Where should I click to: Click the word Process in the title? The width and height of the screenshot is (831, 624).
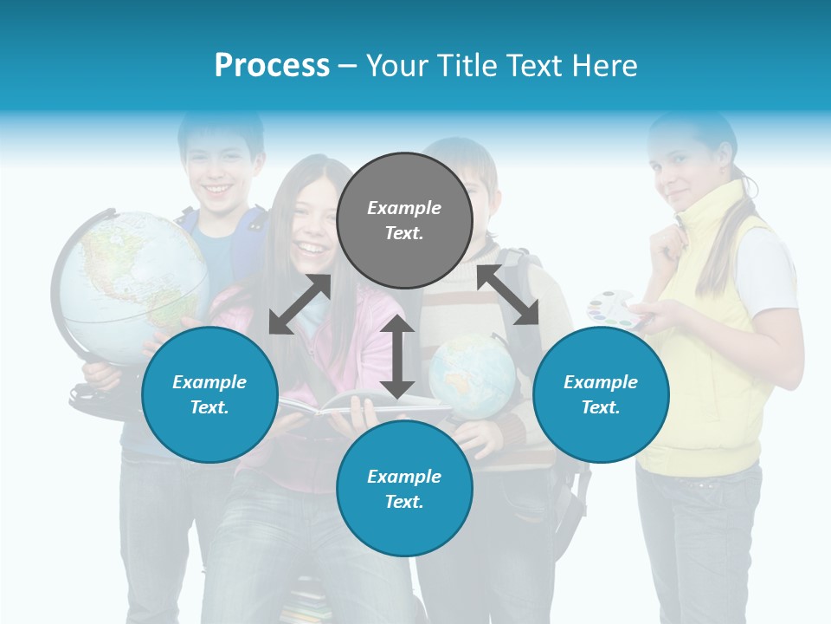click(272, 66)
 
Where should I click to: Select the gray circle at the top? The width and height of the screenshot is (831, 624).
click(404, 220)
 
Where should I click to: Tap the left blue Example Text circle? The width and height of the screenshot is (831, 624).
click(209, 394)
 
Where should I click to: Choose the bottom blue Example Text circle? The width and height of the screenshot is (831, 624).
click(404, 489)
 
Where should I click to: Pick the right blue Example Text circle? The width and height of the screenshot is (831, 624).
click(601, 394)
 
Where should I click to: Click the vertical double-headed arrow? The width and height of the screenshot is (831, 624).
click(397, 356)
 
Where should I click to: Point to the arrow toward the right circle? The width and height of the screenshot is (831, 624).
click(508, 295)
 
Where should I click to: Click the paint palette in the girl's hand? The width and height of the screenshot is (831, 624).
click(613, 309)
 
